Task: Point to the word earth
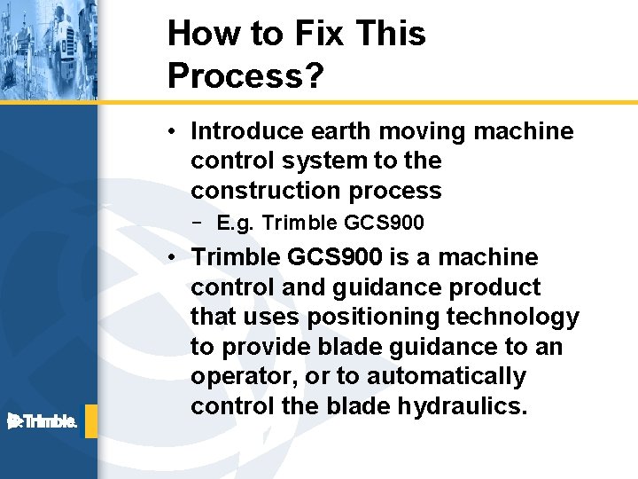342,131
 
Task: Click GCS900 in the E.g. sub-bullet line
389,223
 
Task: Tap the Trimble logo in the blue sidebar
43,420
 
